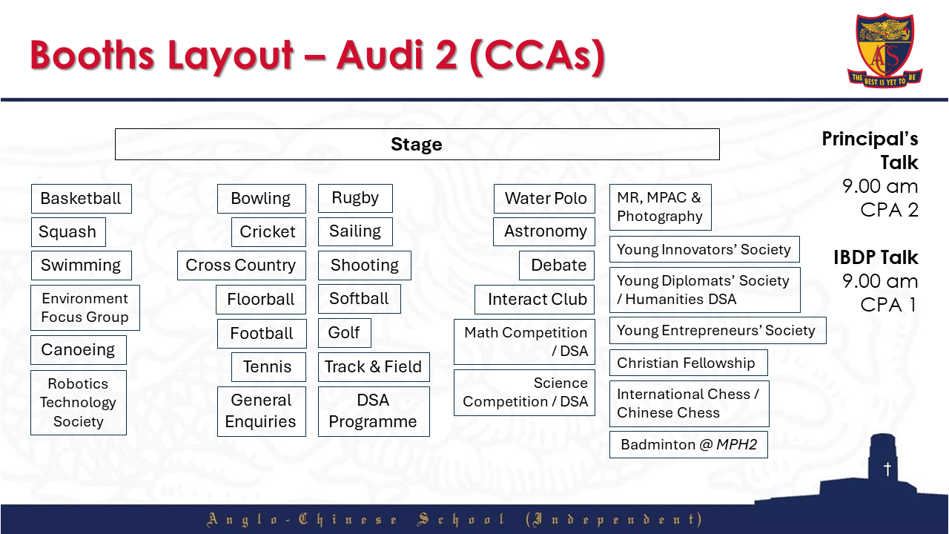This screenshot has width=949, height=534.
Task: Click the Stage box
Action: pos(417,145)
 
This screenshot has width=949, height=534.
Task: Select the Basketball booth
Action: pos(81,199)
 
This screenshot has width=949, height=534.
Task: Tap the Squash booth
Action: pos(68,232)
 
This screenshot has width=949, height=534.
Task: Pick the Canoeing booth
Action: pos(79,350)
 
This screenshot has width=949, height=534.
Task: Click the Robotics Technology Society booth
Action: pos(79,403)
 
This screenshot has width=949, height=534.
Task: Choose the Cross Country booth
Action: pos(241,266)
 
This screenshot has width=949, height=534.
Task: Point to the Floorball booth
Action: pos(261,300)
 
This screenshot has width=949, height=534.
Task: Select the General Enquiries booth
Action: pos(261,411)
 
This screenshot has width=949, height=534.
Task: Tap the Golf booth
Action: pos(344,333)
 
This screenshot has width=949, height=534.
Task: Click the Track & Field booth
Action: pos(374,367)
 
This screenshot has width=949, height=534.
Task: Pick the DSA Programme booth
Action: pos(374,411)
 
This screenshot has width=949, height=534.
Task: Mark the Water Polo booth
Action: pos(545,199)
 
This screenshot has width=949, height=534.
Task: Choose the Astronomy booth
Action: pos(545,231)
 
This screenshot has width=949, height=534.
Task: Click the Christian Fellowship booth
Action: pos(687,363)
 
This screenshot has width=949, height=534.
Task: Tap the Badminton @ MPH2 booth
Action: pos(689,445)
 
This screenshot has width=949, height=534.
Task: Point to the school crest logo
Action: pos(884,49)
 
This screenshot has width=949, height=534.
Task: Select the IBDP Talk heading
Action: pos(876,257)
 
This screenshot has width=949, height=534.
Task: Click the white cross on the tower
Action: pos(887,469)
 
